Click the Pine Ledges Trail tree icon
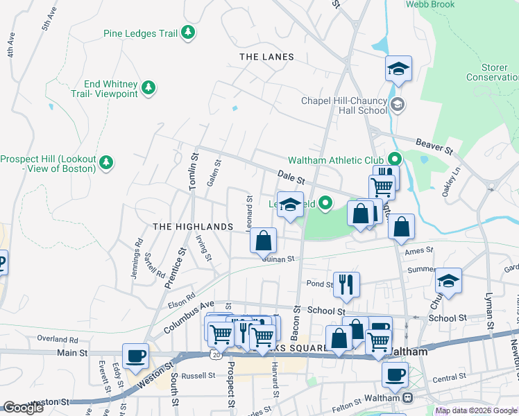click(x=187, y=33)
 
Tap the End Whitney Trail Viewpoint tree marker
click(x=148, y=87)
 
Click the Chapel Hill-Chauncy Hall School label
click(x=343, y=105)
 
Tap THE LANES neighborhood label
click(x=266, y=57)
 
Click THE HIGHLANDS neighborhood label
click(x=192, y=227)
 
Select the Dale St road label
click(x=291, y=177)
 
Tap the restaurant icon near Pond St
click(x=346, y=284)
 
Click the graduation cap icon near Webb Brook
click(x=399, y=69)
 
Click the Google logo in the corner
click(x=23, y=408)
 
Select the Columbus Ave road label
click(x=189, y=315)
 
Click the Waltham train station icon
click(x=407, y=398)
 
